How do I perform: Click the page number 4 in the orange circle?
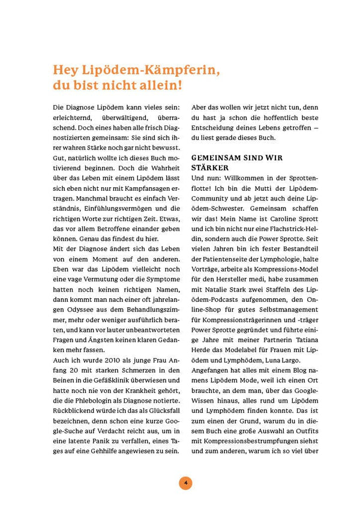coord(185,482)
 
